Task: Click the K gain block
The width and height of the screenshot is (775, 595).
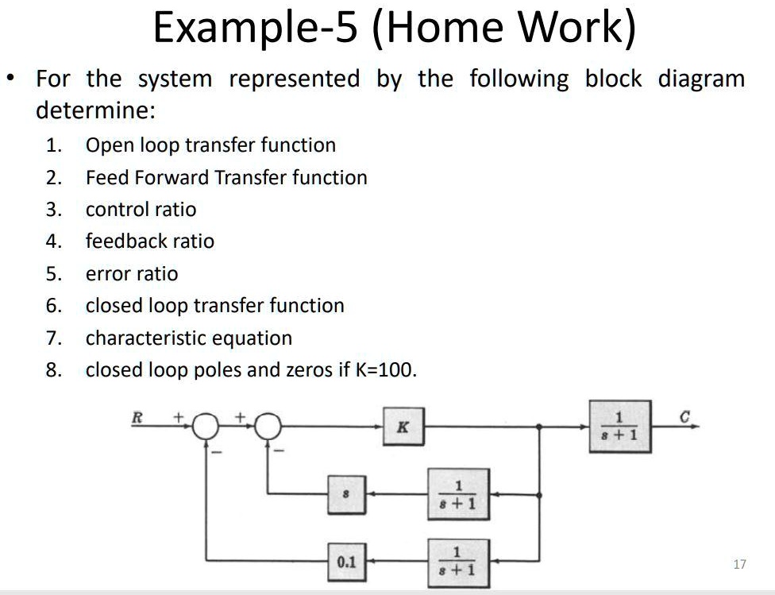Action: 403,427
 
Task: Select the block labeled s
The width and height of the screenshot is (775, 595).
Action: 345,494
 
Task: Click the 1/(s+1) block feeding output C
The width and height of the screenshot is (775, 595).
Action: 619,427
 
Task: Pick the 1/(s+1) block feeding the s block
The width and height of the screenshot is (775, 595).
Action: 458,494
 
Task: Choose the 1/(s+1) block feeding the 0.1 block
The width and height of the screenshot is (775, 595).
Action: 458,562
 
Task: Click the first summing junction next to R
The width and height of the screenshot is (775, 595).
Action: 206,427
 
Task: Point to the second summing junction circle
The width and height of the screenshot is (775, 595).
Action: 268,427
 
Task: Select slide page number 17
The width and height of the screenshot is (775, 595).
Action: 739,564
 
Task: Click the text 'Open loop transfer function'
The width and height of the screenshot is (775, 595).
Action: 210,145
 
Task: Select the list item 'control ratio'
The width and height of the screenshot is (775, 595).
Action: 141,210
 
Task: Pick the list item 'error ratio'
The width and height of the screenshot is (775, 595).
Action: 132,274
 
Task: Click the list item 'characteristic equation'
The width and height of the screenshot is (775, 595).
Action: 189,338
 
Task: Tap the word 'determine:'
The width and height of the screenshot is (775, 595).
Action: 95,110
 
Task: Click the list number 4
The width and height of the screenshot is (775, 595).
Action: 53,241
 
